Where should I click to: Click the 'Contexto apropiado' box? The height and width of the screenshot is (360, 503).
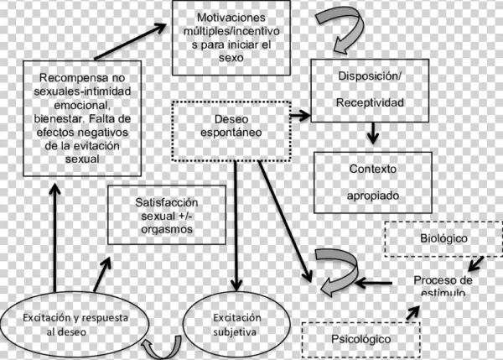click(x=373, y=181)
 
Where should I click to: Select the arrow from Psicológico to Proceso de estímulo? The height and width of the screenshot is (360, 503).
click(x=417, y=313)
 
